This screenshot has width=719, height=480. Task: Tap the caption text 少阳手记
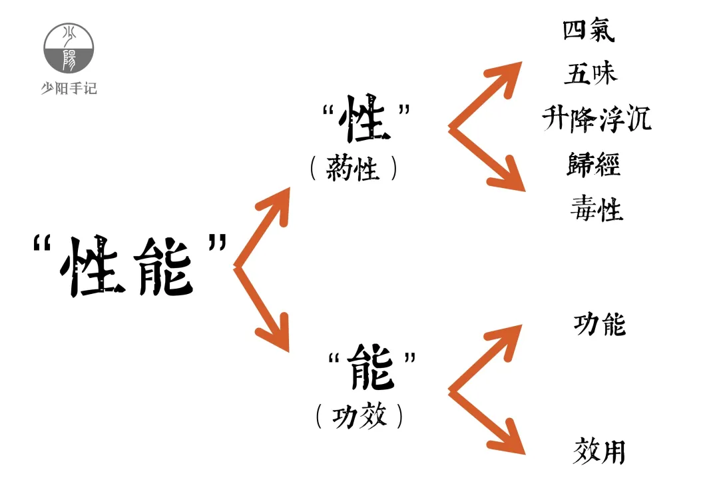point(69,87)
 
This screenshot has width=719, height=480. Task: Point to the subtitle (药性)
point(354,169)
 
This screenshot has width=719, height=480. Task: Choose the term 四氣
point(589,30)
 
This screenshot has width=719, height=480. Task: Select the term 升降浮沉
point(597,119)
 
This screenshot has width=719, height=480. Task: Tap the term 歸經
point(593,164)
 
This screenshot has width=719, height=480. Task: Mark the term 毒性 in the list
point(596,209)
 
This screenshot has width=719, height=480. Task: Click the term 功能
point(599,325)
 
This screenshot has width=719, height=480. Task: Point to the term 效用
point(599,451)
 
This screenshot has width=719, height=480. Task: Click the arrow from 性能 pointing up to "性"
point(264,227)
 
